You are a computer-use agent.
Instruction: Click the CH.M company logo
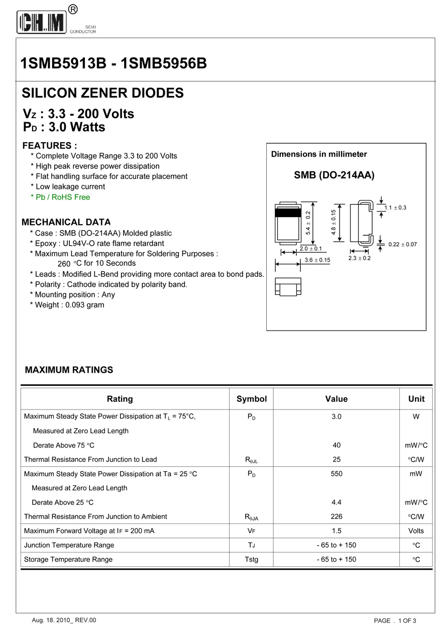coord(42,23)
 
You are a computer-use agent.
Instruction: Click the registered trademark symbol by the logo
coord(73,9)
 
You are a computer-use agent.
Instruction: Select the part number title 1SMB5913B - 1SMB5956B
coord(114,64)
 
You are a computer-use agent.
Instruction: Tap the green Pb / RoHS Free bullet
coord(60,197)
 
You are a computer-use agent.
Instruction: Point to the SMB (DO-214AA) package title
coord(334,175)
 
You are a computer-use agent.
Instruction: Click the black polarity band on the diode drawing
coord(288,213)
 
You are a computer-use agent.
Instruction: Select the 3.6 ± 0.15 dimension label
coord(317,260)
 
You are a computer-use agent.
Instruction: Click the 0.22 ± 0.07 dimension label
coord(403,244)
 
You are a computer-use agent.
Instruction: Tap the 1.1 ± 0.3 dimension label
coord(395,207)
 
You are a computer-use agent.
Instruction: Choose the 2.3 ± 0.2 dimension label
coord(359,258)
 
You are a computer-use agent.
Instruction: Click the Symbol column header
coord(252,399)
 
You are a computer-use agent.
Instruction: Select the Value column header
coord(336,399)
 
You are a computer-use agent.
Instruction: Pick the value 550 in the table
coord(337,474)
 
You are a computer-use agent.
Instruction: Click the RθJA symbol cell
coord(252,517)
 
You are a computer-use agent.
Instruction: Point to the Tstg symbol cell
coord(252,559)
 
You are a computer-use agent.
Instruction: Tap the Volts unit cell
coord(416,531)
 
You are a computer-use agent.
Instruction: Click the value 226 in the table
coord(337,516)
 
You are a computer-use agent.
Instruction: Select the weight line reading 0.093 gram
coord(69,305)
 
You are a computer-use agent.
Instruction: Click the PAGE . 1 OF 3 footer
coord(395,620)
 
